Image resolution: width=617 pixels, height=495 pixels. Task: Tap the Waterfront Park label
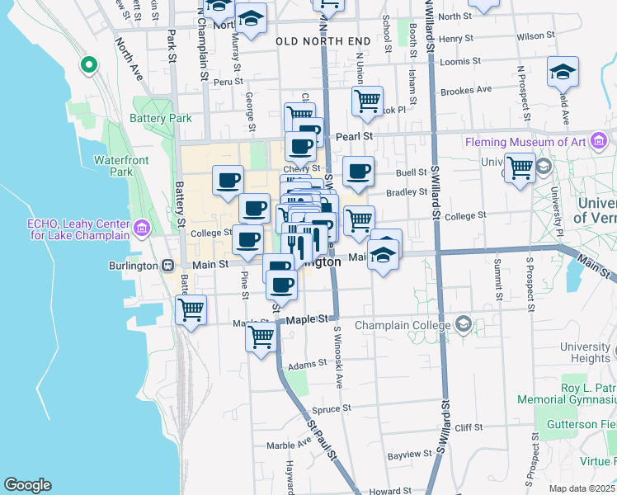coord(114,165)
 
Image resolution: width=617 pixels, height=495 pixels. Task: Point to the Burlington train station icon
coord(167,266)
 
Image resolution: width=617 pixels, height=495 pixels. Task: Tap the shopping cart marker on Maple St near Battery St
coord(191,311)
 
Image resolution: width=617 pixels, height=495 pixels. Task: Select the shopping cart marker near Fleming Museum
coord(520,167)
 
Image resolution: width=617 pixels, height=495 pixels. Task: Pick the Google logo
coord(28,485)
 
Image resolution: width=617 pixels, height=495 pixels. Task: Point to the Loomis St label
coord(460,61)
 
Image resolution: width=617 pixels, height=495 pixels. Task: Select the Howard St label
coord(384,491)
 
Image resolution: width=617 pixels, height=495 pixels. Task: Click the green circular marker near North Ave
coord(88,64)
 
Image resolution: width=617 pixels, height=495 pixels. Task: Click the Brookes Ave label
coord(465,90)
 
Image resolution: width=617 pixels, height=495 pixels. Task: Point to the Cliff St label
coord(468,427)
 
